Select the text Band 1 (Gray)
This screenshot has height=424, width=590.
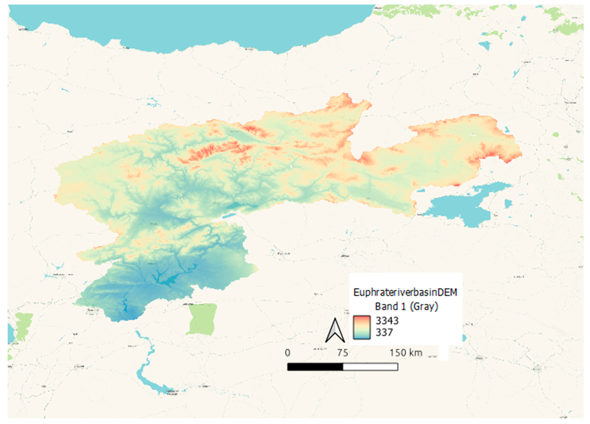coord(406,306)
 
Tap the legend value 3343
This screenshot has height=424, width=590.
coord(387,321)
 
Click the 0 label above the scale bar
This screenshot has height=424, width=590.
coord(288,353)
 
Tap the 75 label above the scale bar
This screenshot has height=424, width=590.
coord(342,353)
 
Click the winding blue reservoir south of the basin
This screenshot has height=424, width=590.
coord(146,364)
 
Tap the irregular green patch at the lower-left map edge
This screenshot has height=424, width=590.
coord(23,325)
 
